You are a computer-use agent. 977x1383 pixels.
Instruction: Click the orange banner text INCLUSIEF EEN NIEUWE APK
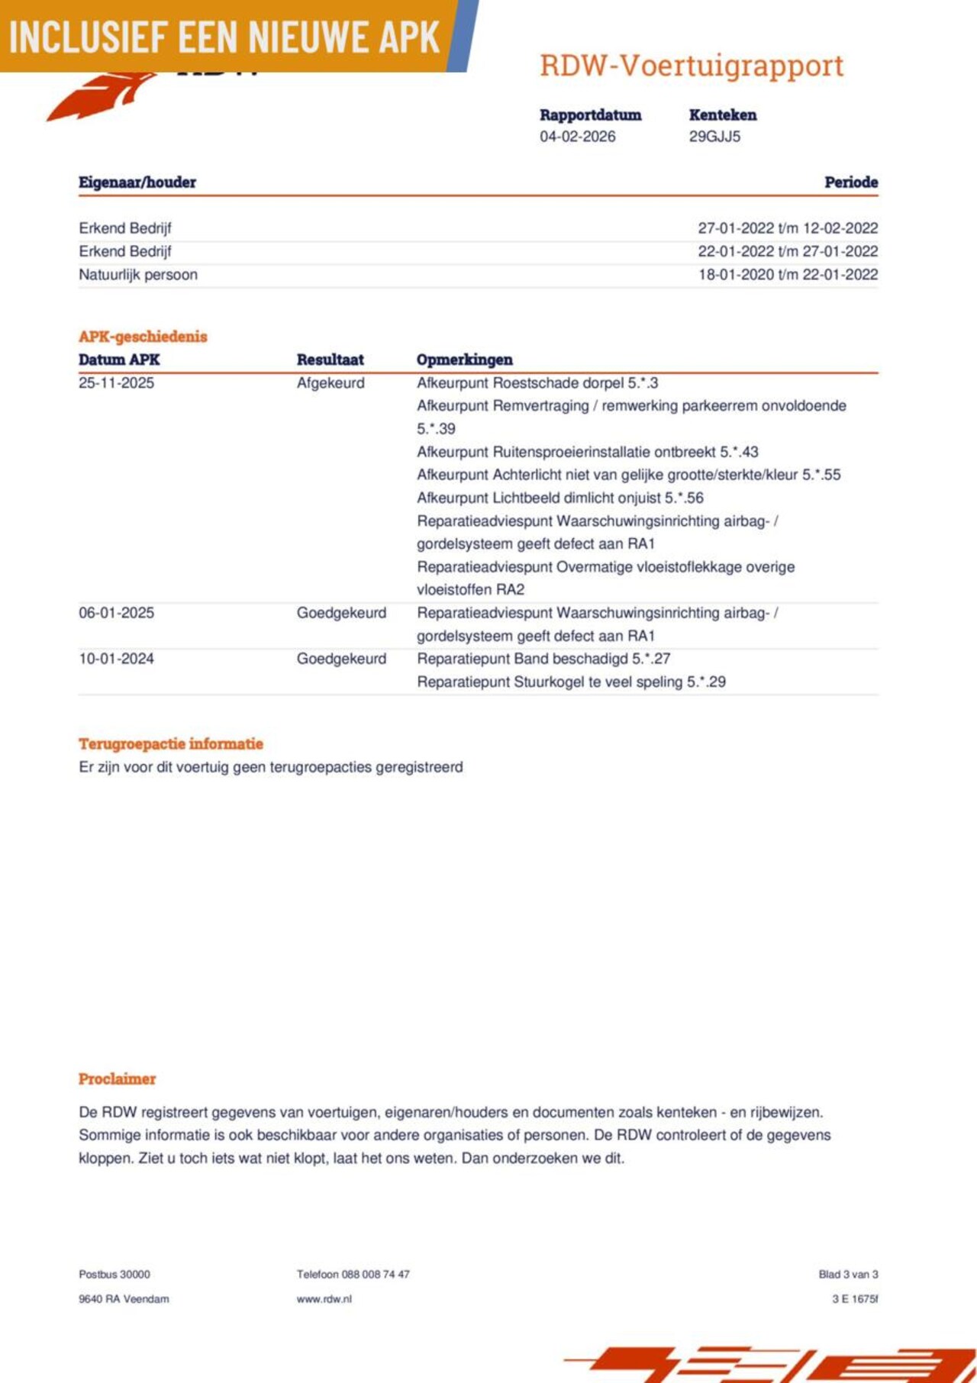pos(224,37)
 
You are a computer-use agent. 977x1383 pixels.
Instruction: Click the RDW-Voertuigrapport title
pos(692,66)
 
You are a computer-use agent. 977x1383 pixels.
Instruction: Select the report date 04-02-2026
pos(577,137)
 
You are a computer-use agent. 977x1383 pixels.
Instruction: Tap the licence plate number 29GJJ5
pos(714,137)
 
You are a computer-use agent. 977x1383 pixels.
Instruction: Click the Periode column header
pos(850,182)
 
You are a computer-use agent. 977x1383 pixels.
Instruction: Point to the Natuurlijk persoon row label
pos(138,275)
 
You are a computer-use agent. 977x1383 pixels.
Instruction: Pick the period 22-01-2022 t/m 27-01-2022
pos(788,251)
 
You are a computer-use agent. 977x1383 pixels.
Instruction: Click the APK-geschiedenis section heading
pos(143,337)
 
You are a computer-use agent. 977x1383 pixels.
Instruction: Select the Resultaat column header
pos(330,359)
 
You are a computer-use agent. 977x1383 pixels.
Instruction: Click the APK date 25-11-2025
pos(116,383)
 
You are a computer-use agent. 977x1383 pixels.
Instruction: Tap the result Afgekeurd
pos(331,383)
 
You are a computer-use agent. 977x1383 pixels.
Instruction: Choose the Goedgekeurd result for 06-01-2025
pos(341,613)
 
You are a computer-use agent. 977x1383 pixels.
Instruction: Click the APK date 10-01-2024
pos(116,659)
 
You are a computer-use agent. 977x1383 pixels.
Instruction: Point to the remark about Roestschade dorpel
pos(537,383)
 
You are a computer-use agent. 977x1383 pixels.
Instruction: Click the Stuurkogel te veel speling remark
pos(571,682)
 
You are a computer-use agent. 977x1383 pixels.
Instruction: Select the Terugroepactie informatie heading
pos(171,744)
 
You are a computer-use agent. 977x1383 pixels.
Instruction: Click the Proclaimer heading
pos(117,1079)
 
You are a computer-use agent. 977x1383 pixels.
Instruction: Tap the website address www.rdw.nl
pos(324,1299)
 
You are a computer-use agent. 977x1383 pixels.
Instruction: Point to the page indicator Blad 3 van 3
pos(848,1275)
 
